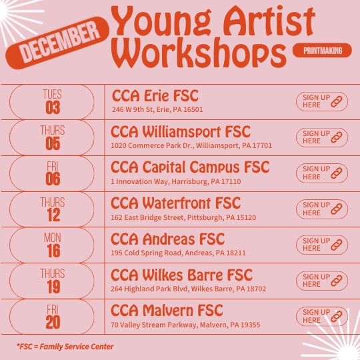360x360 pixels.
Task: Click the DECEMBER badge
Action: (57, 43)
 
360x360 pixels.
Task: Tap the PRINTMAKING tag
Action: (322, 50)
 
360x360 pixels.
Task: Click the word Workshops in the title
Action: (199, 53)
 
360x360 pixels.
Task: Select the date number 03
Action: (53, 107)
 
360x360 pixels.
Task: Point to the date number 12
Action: (53, 215)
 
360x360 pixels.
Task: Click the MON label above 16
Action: (53, 237)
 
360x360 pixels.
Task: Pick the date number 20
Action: (53, 323)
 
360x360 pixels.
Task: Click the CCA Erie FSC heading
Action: (155, 96)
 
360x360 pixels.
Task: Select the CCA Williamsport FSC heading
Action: (181, 132)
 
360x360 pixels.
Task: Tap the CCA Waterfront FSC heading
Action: (175, 203)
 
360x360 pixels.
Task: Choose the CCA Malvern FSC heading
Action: (167, 311)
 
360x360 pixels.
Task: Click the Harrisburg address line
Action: (176, 181)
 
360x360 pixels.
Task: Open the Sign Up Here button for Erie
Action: (322, 101)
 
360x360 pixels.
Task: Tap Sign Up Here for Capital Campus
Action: (322, 173)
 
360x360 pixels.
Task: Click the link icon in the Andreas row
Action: (337, 245)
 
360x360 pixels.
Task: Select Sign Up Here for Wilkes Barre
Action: (322, 281)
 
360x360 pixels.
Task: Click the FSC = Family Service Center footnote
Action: (65, 347)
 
